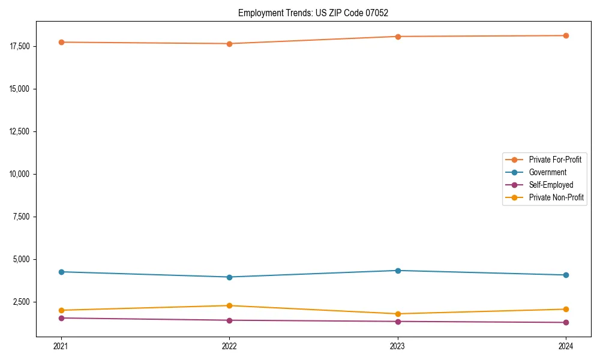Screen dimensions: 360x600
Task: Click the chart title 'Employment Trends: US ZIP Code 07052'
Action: click(x=317, y=13)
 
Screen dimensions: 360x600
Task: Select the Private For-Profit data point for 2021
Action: click(x=61, y=42)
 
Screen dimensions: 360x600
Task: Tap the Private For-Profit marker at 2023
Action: click(x=398, y=37)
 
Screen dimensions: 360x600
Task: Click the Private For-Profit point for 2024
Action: click(x=566, y=35)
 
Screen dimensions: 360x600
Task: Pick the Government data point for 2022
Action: click(x=229, y=277)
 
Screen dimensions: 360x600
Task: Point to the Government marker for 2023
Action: click(x=398, y=271)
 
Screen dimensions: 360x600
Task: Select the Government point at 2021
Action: click(x=61, y=272)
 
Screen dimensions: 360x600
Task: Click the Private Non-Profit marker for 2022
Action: click(x=229, y=305)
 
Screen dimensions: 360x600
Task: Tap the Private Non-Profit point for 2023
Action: click(x=398, y=314)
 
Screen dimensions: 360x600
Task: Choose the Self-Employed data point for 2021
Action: click(x=61, y=318)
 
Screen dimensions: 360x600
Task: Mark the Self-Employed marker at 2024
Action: click(x=566, y=322)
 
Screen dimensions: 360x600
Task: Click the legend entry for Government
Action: click(x=547, y=172)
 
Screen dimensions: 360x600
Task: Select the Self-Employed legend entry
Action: click(x=551, y=185)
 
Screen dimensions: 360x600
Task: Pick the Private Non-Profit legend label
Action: click(x=556, y=197)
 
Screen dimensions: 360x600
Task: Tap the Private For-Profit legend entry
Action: click(x=555, y=160)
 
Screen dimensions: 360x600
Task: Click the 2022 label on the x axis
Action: click(x=229, y=346)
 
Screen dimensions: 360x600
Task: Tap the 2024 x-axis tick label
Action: click(x=566, y=346)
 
